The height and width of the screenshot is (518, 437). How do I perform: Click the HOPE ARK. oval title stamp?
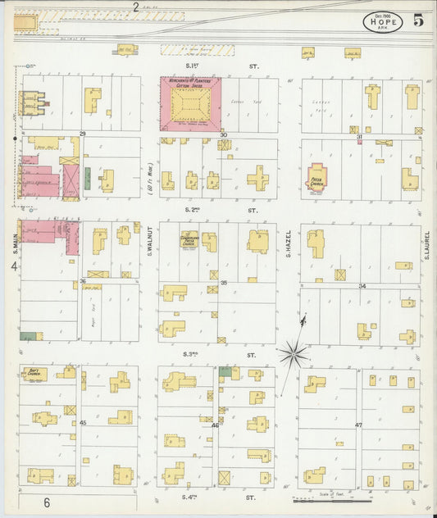coord(383,21)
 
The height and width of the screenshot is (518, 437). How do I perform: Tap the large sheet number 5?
coord(420,20)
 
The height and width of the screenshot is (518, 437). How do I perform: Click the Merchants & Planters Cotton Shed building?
coord(190,105)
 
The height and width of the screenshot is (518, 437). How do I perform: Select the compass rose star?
coord(293,355)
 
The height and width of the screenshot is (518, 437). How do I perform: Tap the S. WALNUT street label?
coord(152,243)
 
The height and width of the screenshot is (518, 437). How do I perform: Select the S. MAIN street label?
coord(15,243)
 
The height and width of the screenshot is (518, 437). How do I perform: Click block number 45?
coord(83,422)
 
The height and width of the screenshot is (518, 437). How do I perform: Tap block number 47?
coord(358,425)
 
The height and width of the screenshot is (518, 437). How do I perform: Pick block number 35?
coord(222,283)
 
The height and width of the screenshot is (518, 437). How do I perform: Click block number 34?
coord(362,286)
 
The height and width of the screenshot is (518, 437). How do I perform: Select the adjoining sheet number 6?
coord(48,502)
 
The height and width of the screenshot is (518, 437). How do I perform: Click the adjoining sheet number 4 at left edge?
coord(13,266)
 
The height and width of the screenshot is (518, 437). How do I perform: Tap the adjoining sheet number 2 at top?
coord(135,7)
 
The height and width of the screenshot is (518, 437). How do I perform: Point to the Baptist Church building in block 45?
coord(34,374)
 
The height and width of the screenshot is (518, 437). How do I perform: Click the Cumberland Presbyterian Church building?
coord(190,242)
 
